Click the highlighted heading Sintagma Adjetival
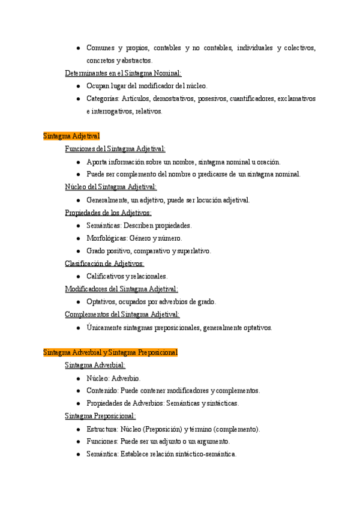[71, 136]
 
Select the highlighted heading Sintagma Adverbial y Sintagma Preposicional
[110, 352]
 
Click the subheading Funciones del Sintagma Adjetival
[115, 149]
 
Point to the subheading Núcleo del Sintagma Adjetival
[110, 187]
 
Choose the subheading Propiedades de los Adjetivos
[108, 212]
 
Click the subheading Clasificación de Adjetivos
[104, 263]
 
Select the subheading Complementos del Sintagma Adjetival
[122, 314]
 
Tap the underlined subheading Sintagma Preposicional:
[100, 415]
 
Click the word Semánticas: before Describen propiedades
[104, 225]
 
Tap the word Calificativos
[104, 276]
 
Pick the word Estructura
[101, 429]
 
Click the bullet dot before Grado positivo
[79, 251]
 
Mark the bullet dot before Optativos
[79, 302]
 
